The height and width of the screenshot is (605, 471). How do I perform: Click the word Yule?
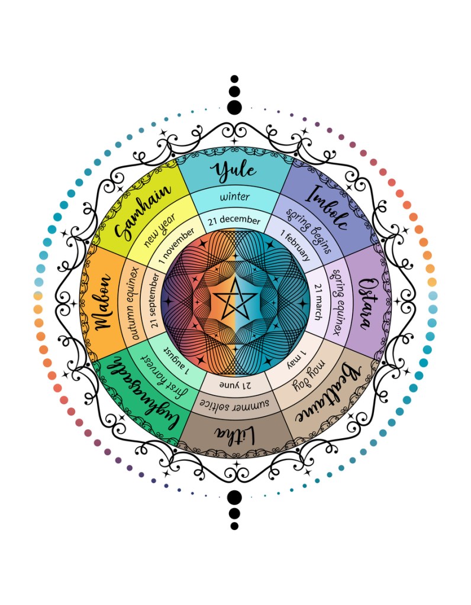click(x=236, y=171)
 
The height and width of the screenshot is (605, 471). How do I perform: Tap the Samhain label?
click(x=144, y=212)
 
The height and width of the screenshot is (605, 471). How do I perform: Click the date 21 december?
click(x=234, y=220)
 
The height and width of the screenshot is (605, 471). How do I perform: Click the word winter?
click(x=235, y=196)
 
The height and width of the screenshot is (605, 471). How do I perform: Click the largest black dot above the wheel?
click(x=235, y=107)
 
